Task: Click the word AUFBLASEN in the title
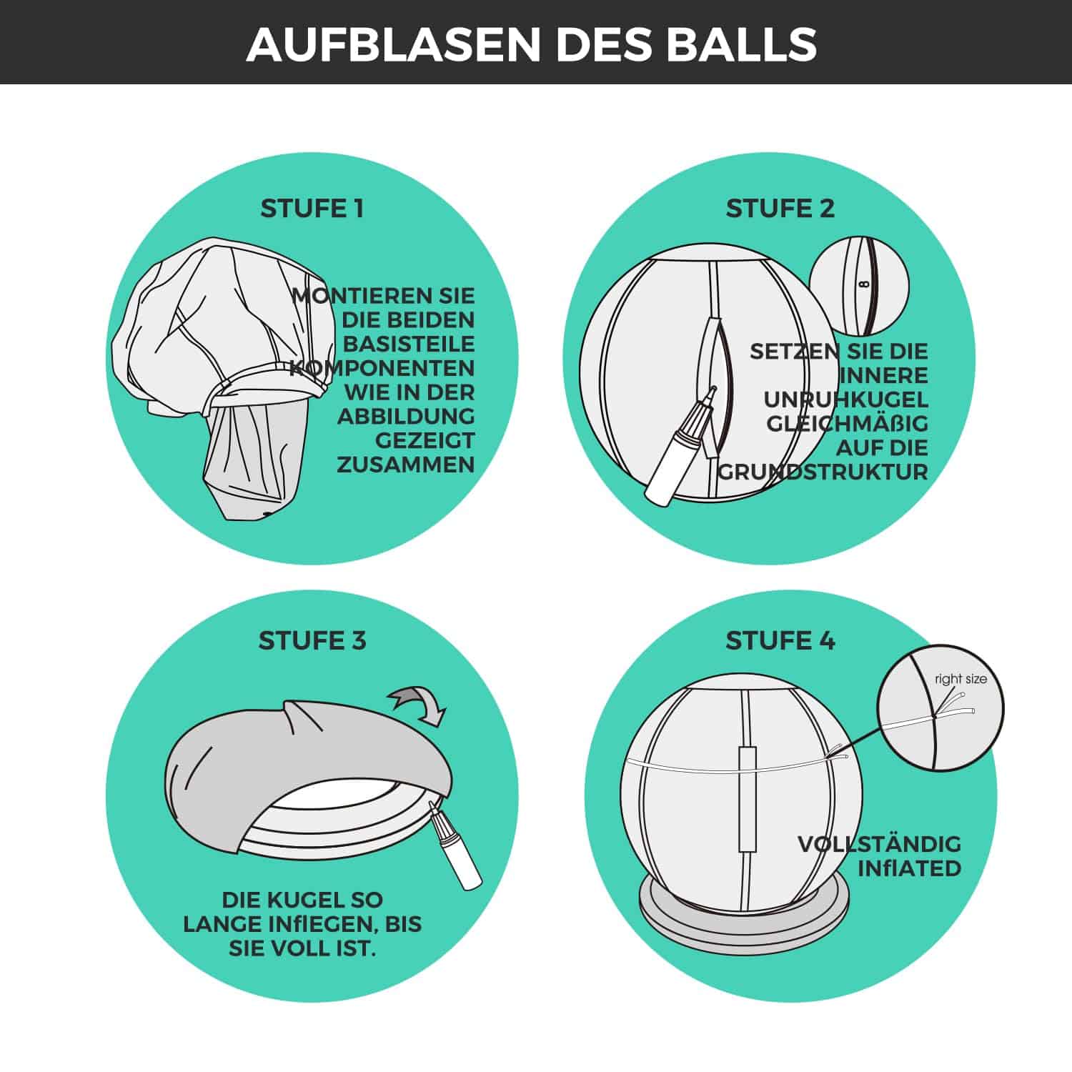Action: pyautogui.click(x=393, y=44)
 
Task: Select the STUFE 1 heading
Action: pyautogui.click(x=312, y=209)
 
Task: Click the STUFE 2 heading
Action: pyautogui.click(x=780, y=209)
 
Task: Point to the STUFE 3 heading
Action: pyautogui.click(x=312, y=640)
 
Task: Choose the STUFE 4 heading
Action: pyautogui.click(x=780, y=640)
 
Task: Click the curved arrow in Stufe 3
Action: pyautogui.click(x=418, y=703)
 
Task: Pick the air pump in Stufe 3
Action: pyautogui.click(x=455, y=845)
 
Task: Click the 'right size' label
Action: pyautogui.click(x=961, y=679)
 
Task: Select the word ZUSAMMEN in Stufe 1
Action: pyautogui.click(x=406, y=465)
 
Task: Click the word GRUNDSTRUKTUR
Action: pyautogui.click(x=823, y=472)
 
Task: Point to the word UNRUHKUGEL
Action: pyautogui.click(x=845, y=399)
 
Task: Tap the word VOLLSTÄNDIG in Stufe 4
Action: pyautogui.click(x=879, y=844)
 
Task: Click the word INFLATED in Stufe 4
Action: pyautogui.click(x=909, y=868)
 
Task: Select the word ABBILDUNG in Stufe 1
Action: pyautogui.click(x=406, y=416)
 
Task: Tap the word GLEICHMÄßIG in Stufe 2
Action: pyautogui.click(x=847, y=424)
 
